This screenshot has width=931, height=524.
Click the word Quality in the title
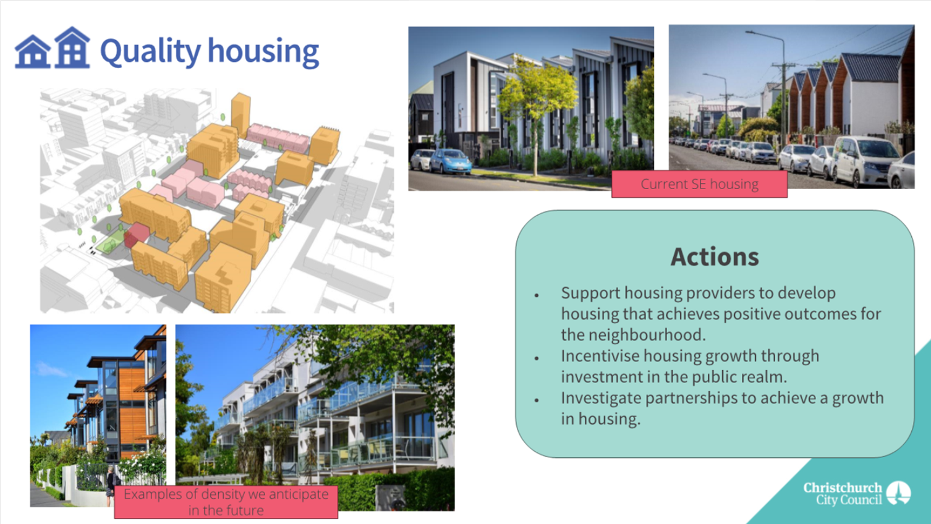(x=150, y=51)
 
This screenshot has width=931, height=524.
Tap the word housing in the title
(x=263, y=51)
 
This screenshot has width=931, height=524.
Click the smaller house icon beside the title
(x=33, y=51)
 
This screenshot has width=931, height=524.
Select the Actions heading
(x=715, y=256)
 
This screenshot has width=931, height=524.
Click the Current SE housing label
(x=700, y=184)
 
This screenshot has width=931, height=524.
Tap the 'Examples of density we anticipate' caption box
(x=226, y=502)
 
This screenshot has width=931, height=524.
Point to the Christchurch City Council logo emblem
(x=898, y=493)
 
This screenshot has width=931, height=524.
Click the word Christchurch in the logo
(x=843, y=488)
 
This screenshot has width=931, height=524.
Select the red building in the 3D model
(x=137, y=235)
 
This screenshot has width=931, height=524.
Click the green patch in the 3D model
(x=109, y=243)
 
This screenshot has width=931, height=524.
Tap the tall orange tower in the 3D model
(x=240, y=114)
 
